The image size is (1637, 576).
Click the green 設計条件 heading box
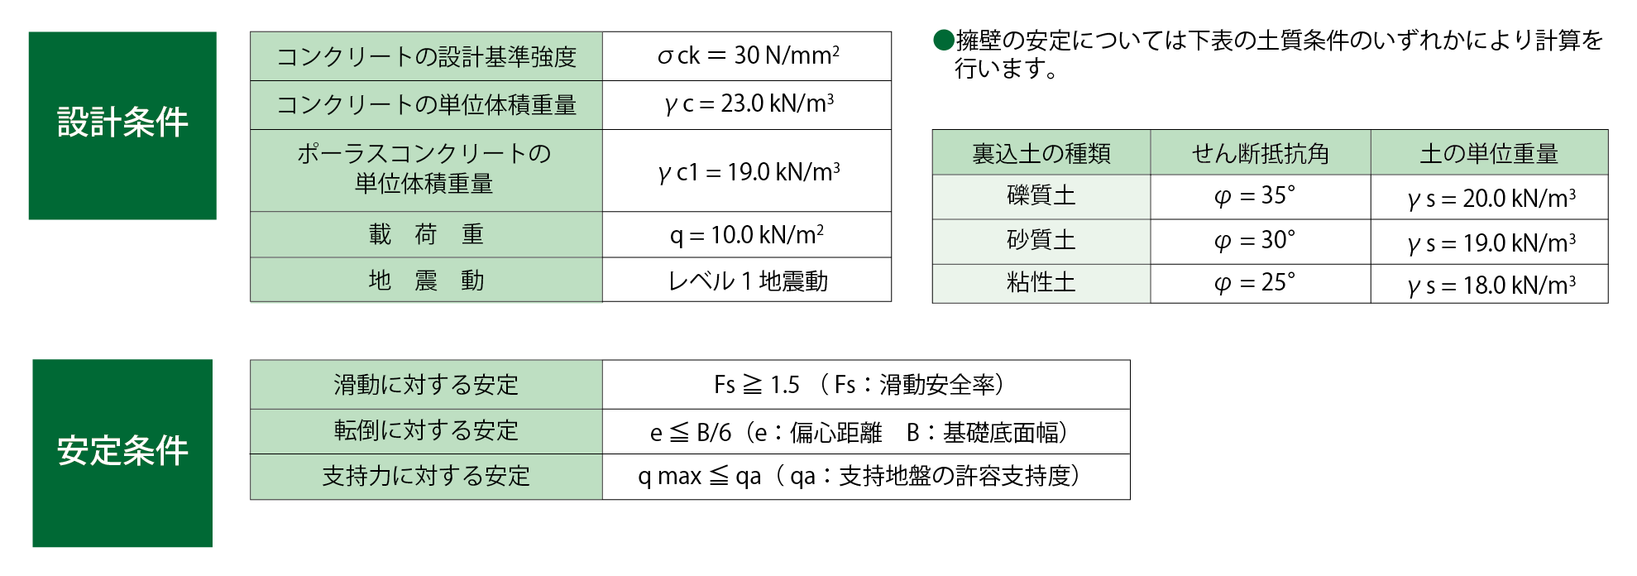click(122, 126)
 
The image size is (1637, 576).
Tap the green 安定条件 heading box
click(122, 453)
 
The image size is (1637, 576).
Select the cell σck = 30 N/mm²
click(748, 55)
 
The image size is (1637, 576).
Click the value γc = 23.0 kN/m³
click(748, 104)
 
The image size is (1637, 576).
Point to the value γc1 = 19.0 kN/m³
click(748, 172)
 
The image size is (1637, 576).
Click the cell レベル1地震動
click(748, 281)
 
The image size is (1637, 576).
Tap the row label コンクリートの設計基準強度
click(426, 56)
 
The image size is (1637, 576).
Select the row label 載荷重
click(426, 235)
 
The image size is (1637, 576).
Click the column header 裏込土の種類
click(1041, 153)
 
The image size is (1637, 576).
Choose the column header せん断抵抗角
click(1260, 153)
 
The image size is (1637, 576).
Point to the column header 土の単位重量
click(1489, 153)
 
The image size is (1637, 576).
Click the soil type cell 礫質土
click(1041, 196)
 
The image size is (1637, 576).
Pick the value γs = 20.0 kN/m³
click(1491, 199)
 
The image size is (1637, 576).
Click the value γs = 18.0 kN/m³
click(1491, 286)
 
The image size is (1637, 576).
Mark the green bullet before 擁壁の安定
click(943, 40)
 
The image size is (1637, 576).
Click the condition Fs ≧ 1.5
click(757, 385)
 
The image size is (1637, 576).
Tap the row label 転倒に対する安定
click(426, 430)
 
